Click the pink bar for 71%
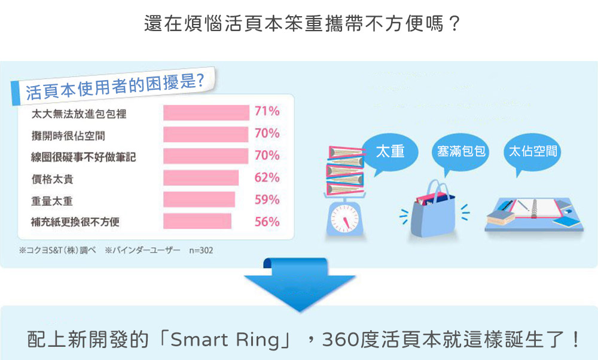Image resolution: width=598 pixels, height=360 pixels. click(x=206, y=113)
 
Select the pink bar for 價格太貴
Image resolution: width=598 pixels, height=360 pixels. click(x=201, y=178)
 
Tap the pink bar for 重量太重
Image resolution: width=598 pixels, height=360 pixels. click(x=199, y=200)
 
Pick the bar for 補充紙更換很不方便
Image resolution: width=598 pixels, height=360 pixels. click(x=197, y=222)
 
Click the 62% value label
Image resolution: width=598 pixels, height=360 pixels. click(x=267, y=178)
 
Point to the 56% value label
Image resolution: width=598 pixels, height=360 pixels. click(x=267, y=222)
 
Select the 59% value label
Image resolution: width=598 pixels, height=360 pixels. click(x=267, y=200)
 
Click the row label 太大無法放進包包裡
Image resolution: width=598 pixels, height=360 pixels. click(x=78, y=114)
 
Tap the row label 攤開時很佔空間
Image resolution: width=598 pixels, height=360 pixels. click(x=68, y=136)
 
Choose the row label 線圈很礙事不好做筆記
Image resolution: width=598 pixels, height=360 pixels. click(x=83, y=157)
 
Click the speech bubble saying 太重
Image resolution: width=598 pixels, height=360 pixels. click(x=390, y=152)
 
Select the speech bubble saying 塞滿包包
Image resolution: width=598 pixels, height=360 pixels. click(x=460, y=152)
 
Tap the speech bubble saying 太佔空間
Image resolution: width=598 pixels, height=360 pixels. click(x=532, y=152)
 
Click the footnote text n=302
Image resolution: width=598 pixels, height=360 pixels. click(x=201, y=251)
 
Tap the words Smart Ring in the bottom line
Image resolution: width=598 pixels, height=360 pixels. click(x=225, y=340)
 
